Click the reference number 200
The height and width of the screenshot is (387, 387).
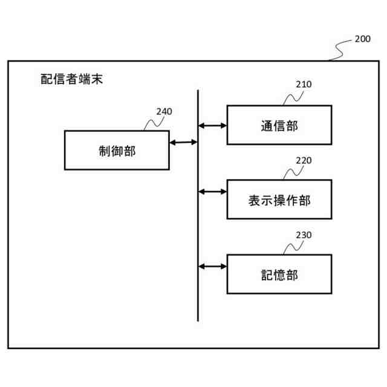pyautogui.click(x=363, y=39)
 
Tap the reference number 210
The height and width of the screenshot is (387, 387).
pyautogui.click(x=304, y=85)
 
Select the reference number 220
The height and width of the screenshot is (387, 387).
pyautogui.click(x=304, y=161)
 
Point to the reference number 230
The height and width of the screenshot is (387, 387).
pyautogui.click(x=304, y=235)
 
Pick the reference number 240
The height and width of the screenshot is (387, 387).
pyautogui.click(x=164, y=111)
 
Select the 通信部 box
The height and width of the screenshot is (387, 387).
pyautogui.click(x=279, y=125)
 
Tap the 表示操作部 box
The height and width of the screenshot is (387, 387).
pyautogui.click(x=279, y=200)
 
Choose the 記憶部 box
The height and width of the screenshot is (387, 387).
pyautogui.click(x=279, y=274)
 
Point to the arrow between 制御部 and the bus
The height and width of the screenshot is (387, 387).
pyautogui.click(x=183, y=143)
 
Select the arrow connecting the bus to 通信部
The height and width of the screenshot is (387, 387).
pyautogui.click(x=212, y=126)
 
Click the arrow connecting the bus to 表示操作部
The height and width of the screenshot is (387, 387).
pyautogui.click(x=212, y=192)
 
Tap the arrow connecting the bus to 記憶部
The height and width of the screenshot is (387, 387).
pyautogui.click(x=212, y=266)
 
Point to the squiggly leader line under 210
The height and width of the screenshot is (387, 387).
pyautogui.click(x=293, y=97)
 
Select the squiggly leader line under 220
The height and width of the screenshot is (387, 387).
pyautogui.click(x=293, y=172)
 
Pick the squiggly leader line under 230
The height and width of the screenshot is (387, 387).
pyautogui.click(x=293, y=247)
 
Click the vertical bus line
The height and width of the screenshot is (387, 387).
pyautogui.click(x=198, y=230)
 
